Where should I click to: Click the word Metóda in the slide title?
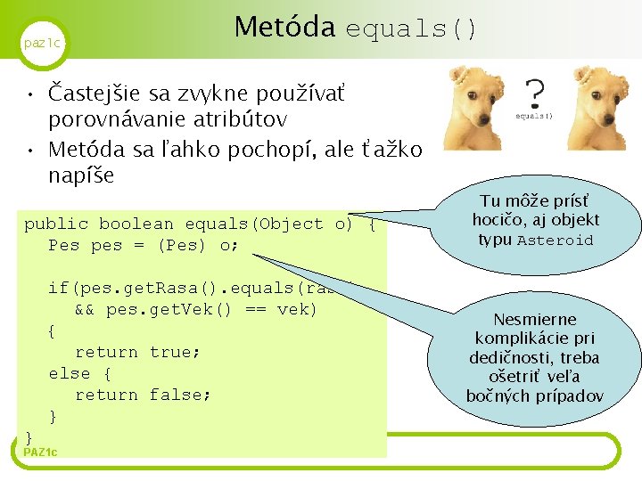tap(284, 28)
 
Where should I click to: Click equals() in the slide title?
tap(411, 29)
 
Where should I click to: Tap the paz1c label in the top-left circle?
tap(42, 43)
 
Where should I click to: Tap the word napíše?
tap(81, 175)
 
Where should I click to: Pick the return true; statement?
tap(137, 352)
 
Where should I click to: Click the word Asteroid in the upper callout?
tap(555, 240)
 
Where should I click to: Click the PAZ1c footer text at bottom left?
tap(40, 452)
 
